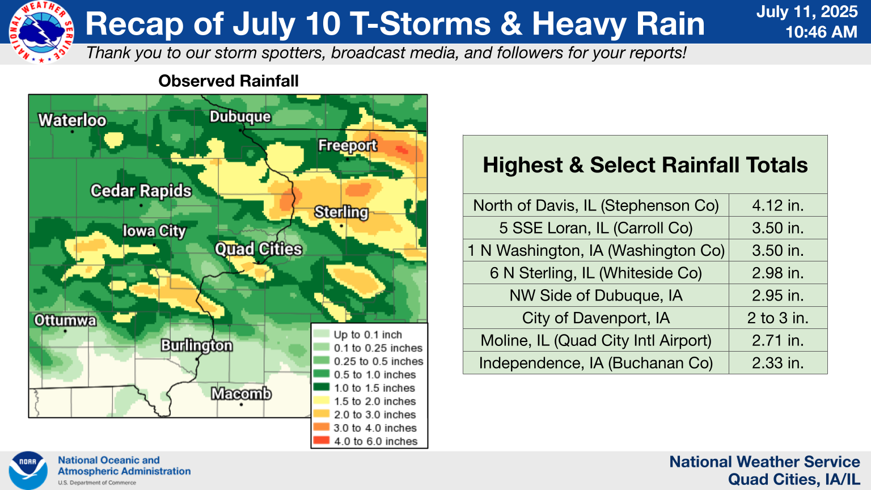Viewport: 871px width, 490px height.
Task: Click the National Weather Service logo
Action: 41,32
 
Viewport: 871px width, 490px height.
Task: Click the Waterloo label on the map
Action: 73,121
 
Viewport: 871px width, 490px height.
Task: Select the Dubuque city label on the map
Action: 240,117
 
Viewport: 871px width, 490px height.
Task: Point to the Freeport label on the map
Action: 347,145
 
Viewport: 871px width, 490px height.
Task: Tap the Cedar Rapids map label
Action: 141,191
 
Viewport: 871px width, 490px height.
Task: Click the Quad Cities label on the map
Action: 258,249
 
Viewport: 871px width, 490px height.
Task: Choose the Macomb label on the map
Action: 241,394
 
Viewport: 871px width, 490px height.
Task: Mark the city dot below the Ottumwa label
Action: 65,331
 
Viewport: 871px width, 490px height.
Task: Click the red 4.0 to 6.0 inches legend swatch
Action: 321,441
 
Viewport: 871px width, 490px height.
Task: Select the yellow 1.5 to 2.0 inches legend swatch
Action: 321,400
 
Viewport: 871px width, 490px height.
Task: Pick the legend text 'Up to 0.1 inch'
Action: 368,335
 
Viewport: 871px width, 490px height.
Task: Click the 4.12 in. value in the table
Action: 777,205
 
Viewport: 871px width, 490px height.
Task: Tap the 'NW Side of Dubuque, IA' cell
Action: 596,295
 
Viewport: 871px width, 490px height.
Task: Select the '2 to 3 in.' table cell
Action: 777,318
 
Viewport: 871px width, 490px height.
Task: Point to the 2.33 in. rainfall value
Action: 777,363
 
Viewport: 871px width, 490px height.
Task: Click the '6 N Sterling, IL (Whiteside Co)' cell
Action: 596,273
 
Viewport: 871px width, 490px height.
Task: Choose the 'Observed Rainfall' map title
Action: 229,81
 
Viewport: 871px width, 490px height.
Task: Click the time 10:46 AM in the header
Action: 821,32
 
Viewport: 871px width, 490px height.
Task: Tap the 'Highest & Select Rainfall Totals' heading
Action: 645,165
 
